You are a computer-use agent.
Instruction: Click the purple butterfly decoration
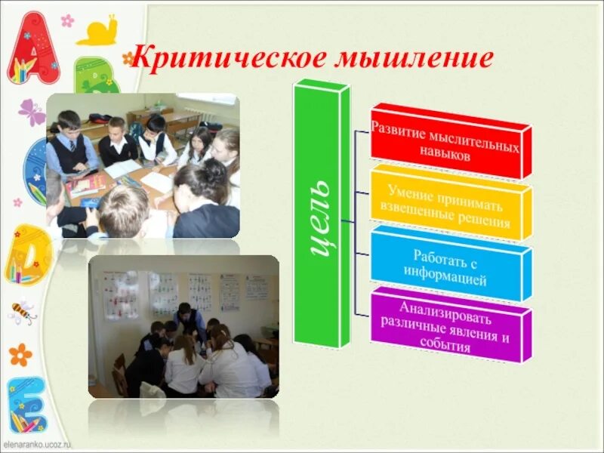point(32,113)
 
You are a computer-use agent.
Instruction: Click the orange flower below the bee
point(20,354)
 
